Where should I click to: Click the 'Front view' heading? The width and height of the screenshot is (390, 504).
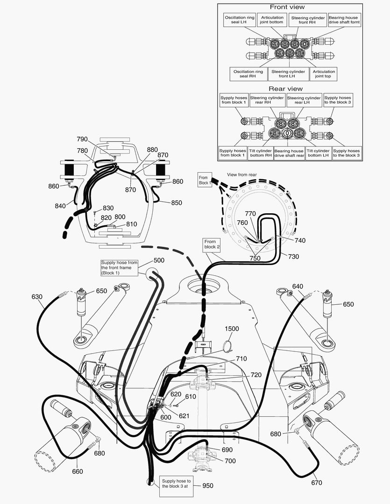pos(288,7)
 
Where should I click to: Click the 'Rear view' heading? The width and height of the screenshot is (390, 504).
pos(285,88)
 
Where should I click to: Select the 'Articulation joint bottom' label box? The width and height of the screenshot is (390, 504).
pos(272,20)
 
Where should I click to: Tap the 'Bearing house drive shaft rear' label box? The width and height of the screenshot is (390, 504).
pos(289,153)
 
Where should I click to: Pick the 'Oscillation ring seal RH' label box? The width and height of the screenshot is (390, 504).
pos(248,74)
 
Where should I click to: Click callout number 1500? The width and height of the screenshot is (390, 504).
pos(231,329)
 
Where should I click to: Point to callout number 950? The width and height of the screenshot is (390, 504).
pos(208,485)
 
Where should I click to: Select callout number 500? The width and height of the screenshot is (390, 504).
pos(159,260)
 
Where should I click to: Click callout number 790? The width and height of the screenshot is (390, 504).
pos(82,139)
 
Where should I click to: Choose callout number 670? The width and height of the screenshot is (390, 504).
pos(316,483)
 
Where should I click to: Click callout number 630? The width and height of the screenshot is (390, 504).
pos(37,296)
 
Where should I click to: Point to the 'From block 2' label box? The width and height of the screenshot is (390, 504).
pos(210,244)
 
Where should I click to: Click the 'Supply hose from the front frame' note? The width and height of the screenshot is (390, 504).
pos(120,268)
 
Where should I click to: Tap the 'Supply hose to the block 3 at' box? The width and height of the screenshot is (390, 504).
pos(176,483)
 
